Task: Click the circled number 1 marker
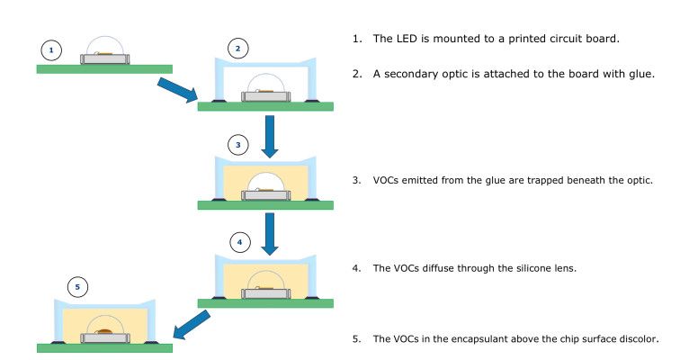point(53,49)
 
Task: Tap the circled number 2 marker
point(237,48)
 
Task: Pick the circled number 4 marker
point(239,241)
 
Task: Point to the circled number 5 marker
point(78,287)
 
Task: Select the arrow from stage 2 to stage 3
point(267,134)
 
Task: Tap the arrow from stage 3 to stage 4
point(267,233)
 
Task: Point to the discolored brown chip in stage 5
point(104,333)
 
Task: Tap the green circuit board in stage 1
point(104,68)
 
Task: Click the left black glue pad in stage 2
point(218,100)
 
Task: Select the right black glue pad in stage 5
point(157,342)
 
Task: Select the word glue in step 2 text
point(639,74)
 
